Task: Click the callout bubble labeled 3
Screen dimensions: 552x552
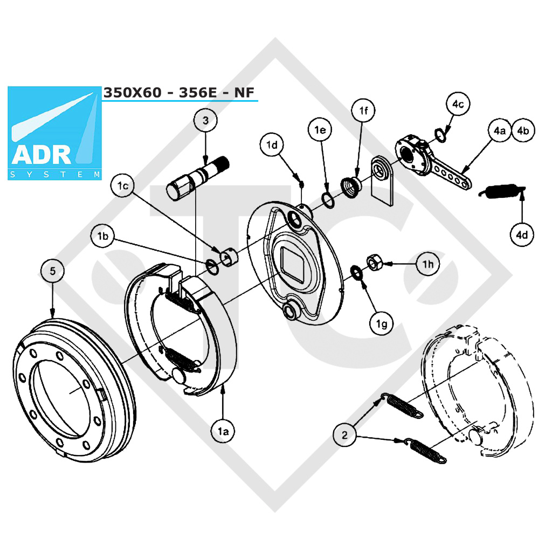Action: (205, 120)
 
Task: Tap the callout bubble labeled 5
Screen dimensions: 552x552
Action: (52, 271)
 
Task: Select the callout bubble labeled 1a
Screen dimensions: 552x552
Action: (223, 431)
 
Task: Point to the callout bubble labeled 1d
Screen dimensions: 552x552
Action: (272, 144)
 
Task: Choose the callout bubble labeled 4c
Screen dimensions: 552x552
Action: (458, 104)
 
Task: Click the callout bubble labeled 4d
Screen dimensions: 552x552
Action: (522, 234)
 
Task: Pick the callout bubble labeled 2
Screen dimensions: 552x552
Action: (344, 435)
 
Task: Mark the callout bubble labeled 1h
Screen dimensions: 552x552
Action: (427, 264)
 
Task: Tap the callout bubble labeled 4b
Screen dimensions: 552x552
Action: (523, 130)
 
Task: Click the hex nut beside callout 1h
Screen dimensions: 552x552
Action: (374, 262)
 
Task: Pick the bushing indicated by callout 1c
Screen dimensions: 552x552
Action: (229, 258)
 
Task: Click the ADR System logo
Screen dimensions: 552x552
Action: (54, 133)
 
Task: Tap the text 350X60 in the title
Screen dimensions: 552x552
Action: (133, 93)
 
